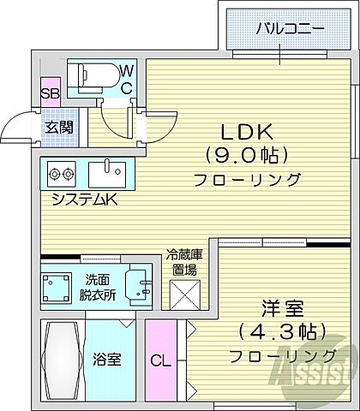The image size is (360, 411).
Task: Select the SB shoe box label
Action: point(49,92)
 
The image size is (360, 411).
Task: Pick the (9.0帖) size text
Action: point(247,155)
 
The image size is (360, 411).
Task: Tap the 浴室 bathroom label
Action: point(107,359)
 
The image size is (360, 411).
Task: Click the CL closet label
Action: point(160,360)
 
